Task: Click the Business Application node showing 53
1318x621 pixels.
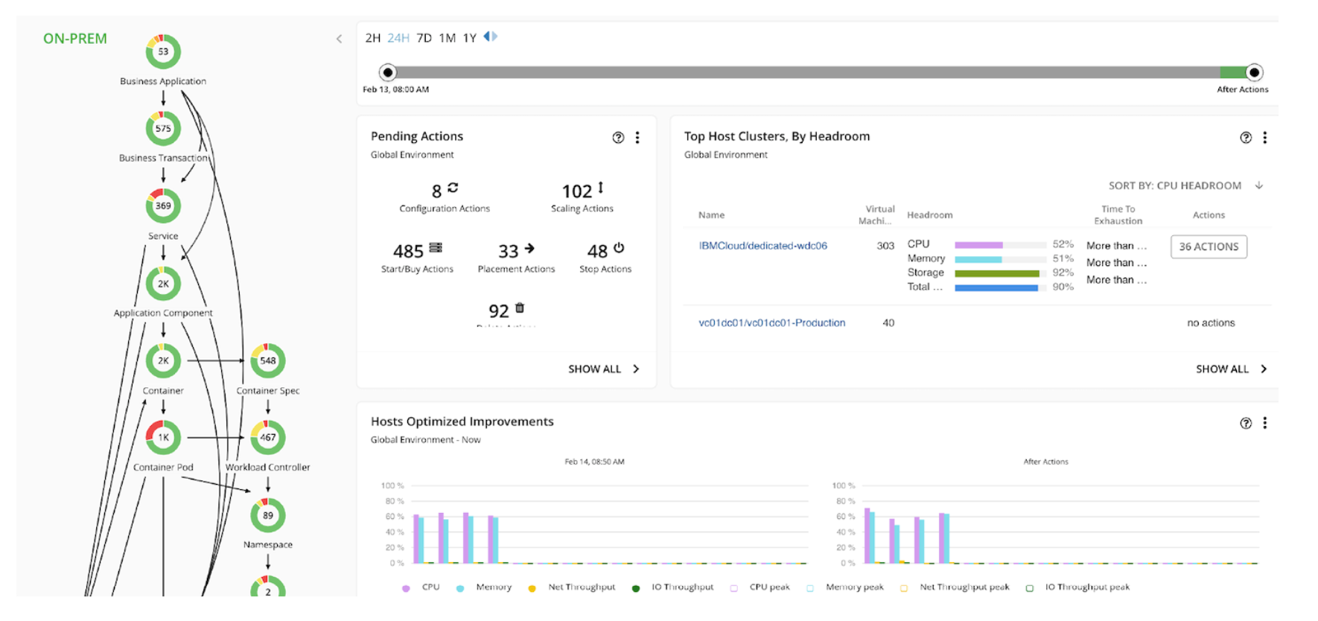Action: pos(163,52)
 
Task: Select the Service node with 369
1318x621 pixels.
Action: pos(163,206)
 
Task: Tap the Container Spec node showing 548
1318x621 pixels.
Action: pos(268,361)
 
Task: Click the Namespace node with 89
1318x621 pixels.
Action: pos(268,515)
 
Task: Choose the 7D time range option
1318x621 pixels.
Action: pos(424,38)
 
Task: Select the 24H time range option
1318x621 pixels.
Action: pos(398,38)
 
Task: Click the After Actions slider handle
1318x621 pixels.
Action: pos(1254,72)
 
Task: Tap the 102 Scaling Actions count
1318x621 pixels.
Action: pos(577,191)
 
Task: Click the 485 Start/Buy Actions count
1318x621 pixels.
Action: pos(408,252)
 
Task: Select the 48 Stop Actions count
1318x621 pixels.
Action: pos(597,252)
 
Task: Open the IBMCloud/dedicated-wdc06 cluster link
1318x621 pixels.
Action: pos(763,246)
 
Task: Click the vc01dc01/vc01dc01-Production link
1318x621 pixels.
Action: pos(771,323)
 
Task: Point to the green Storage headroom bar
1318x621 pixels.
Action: pos(996,273)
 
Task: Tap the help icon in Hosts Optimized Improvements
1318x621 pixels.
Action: pos(1246,423)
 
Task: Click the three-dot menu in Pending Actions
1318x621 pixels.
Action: pos(637,138)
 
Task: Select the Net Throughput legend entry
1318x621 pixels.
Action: pos(581,587)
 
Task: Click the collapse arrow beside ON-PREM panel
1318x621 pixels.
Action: pos(339,39)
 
